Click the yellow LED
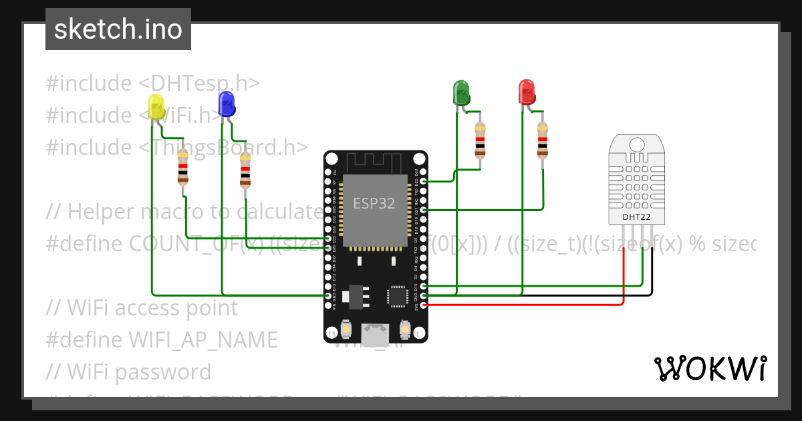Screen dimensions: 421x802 (x=155, y=108)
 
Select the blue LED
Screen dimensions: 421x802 (x=227, y=104)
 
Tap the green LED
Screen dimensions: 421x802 (x=461, y=92)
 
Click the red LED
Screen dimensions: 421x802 (x=527, y=92)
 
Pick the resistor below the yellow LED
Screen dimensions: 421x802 (x=182, y=168)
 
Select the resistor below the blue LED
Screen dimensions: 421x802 (x=245, y=170)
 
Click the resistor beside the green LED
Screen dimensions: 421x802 (x=479, y=140)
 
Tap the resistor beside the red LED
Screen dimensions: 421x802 (x=543, y=140)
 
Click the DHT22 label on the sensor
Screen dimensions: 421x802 (x=636, y=217)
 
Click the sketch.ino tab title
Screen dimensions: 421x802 (x=118, y=29)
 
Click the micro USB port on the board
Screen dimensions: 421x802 (x=375, y=333)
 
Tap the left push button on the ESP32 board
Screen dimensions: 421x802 (x=346, y=329)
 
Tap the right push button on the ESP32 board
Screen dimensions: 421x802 (x=404, y=329)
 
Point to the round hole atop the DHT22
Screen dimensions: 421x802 (x=636, y=144)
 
